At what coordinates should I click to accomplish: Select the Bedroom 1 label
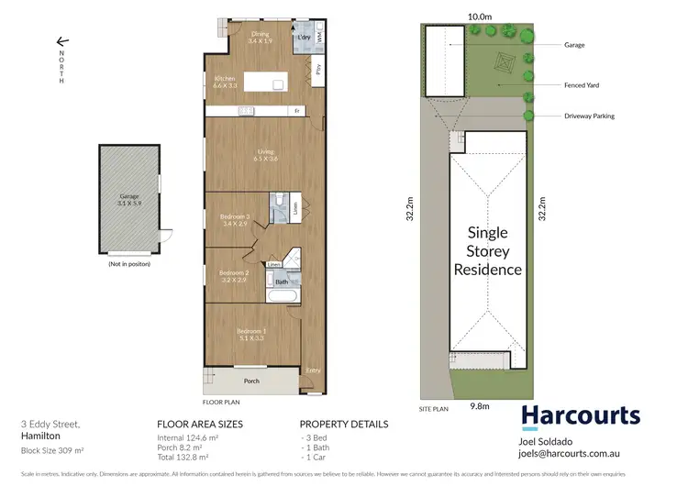click(252, 331)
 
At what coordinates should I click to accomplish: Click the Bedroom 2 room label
click(233, 273)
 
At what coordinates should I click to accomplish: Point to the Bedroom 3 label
click(235, 217)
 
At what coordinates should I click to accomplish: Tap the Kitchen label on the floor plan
click(226, 80)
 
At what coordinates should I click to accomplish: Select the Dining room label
click(260, 35)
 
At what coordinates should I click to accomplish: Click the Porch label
click(250, 380)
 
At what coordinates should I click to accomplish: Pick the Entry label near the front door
click(314, 370)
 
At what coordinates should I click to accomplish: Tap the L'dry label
click(305, 36)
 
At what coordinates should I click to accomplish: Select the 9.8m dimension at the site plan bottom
click(478, 403)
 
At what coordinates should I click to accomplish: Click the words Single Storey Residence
click(488, 250)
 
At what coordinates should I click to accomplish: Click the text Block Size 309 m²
click(52, 452)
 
